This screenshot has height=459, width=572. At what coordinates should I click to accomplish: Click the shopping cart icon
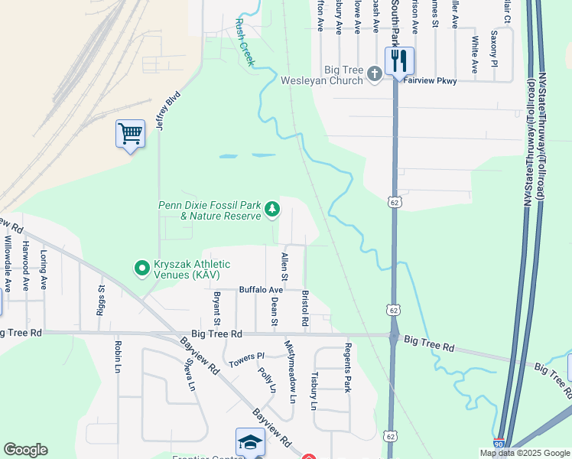pyautogui.click(x=130, y=134)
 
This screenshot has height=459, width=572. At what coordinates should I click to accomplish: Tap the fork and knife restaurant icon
pyautogui.click(x=398, y=61)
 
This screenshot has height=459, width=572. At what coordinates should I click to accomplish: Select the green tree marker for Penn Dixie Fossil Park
pyautogui.click(x=271, y=209)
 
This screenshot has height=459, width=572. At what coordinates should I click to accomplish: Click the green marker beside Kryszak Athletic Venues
pyautogui.click(x=141, y=268)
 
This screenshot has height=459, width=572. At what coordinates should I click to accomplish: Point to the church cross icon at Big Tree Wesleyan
pyautogui.click(x=374, y=74)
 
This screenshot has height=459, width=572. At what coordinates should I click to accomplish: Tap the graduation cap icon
pyautogui.click(x=250, y=443)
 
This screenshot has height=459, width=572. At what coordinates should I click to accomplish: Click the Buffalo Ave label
pyautogui.click(x=261, y=290)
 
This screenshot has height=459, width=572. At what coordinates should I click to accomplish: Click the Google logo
pyautogui.click(x=25, y=450)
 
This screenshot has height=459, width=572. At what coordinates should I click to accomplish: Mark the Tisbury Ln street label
pyautogui.click(x=314, y=392)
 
